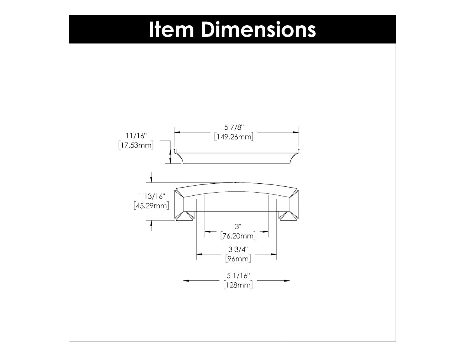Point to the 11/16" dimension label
click(136, 136)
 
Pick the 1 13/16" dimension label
click(151, 196)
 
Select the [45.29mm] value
click(151, 205)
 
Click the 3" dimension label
click(238, 226)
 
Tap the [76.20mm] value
click(238, 236)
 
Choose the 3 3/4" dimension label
click(238, 249)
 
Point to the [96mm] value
click(238, 259)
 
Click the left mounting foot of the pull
click(186, 216)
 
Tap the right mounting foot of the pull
click(288, 216)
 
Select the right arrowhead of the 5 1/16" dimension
click(287, 280)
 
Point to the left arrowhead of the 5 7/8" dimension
click(177, 132)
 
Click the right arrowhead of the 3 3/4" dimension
click(273, 254)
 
